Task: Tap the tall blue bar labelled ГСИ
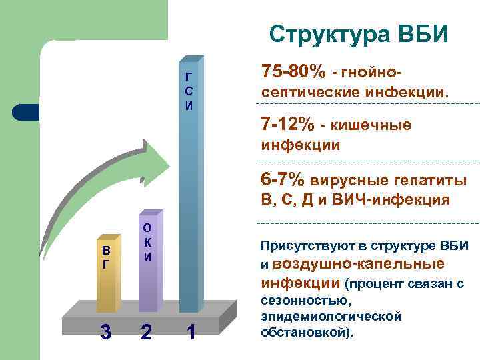click(189, 200)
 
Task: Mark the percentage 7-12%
click(287, 125)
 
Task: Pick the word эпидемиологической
click(331, 316)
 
